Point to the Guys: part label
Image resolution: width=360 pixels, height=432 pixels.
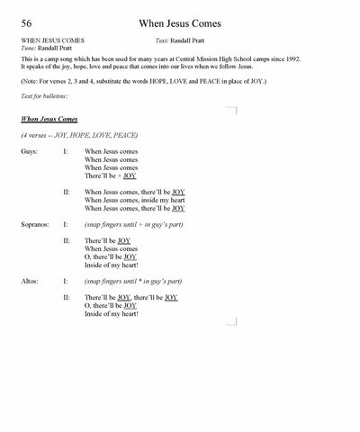[29, 151]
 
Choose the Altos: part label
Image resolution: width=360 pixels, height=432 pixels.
[29, 281]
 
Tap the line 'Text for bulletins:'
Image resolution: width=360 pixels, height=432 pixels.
[43, 95]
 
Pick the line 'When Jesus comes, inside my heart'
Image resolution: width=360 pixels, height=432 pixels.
[133, 200]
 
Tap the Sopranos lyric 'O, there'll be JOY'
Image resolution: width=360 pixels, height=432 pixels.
[110, 256]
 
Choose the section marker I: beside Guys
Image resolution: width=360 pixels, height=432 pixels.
[66, 151]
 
